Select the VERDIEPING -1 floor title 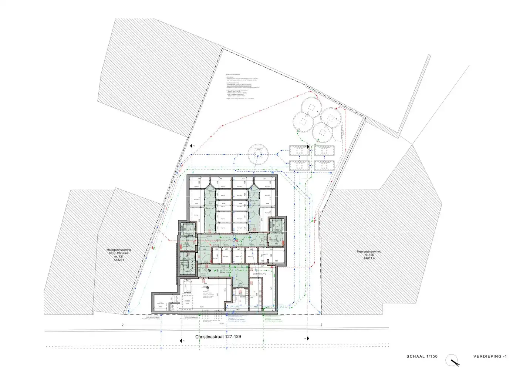490,356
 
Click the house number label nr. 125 364,255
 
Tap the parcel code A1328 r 118,260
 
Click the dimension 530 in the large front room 202,307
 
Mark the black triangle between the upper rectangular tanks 307,147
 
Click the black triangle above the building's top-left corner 192,147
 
